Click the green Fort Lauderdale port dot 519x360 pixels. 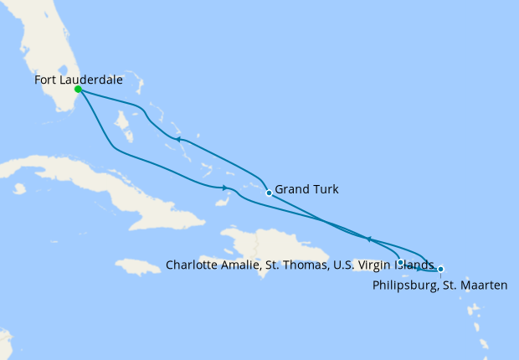point(77,89)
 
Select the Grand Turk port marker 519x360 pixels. point(268,193)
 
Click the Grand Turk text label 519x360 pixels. point(306,190)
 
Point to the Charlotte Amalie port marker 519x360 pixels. point(402,263)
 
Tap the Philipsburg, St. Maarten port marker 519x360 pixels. point(440,270)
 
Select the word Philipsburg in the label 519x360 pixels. point(404,285)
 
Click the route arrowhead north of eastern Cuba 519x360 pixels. point(226,188)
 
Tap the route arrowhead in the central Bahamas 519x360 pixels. point(178,139)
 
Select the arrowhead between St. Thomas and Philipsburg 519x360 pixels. point(419,269)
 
